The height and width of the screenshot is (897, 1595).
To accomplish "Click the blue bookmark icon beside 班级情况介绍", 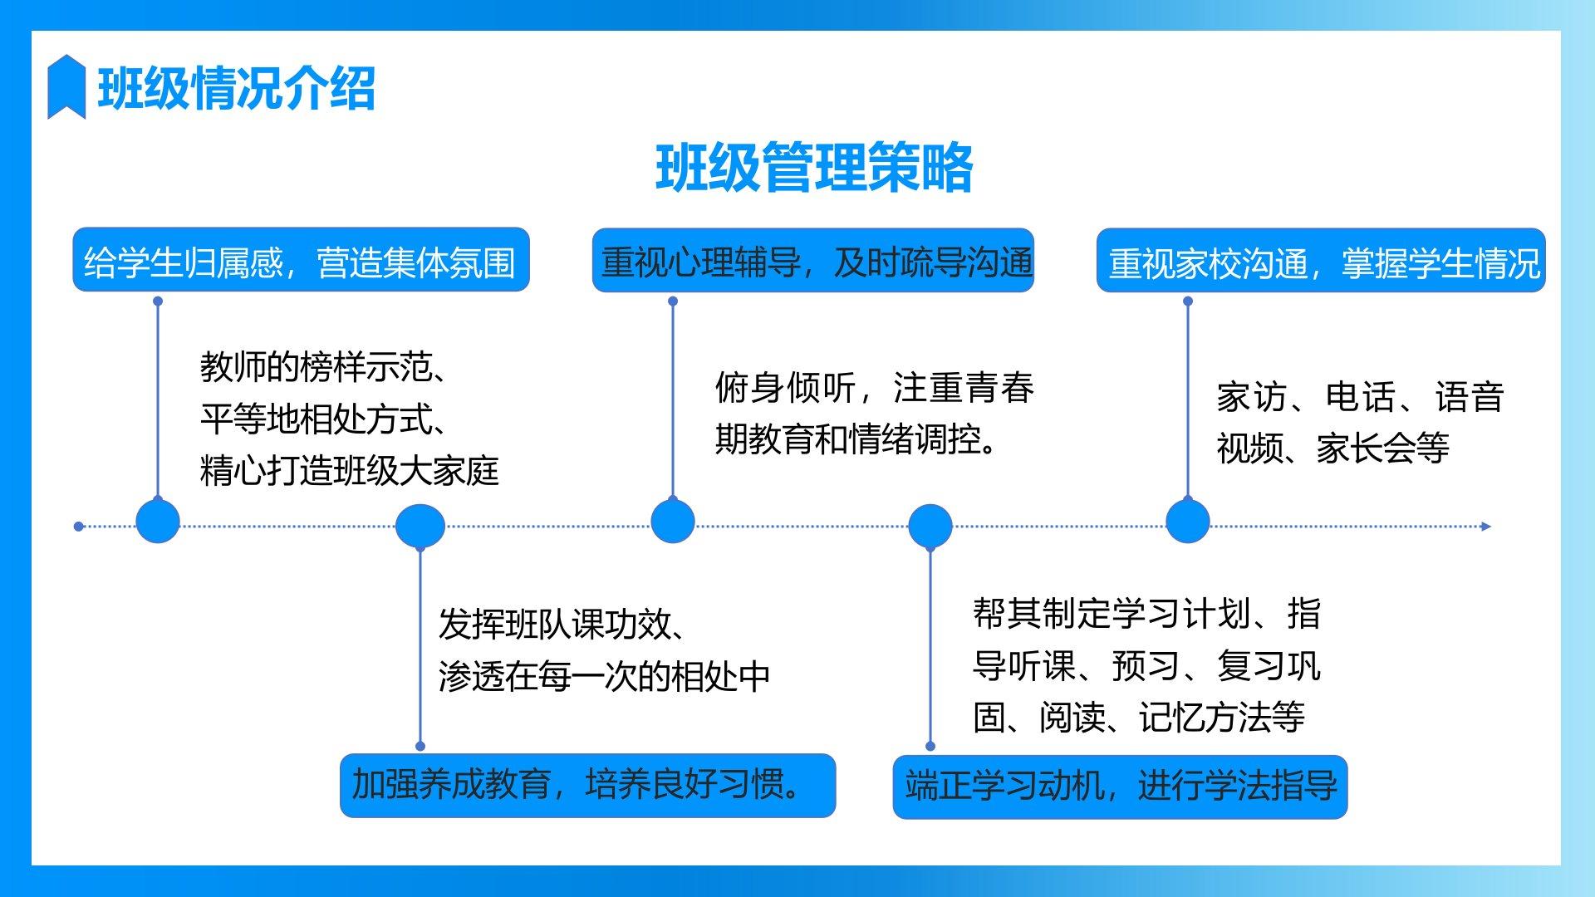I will pos(66,86).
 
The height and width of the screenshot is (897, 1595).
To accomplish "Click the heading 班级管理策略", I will pos(814,169).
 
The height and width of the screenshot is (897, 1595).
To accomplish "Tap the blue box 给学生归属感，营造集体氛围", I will pos(301,261).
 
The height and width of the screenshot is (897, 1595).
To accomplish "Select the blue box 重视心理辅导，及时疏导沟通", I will pos(813,261).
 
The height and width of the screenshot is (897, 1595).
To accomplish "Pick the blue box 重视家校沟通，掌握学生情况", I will pos(1321,261).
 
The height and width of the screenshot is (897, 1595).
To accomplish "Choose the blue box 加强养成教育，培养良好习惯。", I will pos(587,786).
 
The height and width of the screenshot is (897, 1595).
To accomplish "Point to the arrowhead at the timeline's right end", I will pos(1486,526).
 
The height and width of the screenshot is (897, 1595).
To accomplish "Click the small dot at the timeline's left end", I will pos(79,526).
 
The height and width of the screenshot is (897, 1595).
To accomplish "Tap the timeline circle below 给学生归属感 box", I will pos(158,522).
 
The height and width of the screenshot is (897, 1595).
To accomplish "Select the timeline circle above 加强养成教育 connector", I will pos(420,526).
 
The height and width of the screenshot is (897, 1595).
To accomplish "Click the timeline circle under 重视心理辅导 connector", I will pos(672,522).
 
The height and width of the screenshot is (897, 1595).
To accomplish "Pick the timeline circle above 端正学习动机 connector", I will pos(930,526).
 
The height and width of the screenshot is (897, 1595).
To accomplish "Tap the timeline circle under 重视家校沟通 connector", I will pos(1187,522).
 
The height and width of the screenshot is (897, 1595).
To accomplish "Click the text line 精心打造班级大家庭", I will pos(350,471).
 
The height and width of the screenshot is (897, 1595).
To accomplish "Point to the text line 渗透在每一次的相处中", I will pos(604,677).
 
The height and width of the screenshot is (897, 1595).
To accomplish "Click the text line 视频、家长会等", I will pos(1332,448).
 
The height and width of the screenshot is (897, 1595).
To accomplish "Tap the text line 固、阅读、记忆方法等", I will pos(1139,718).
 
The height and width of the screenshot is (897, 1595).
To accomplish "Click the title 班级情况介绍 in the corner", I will pos(237,88).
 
